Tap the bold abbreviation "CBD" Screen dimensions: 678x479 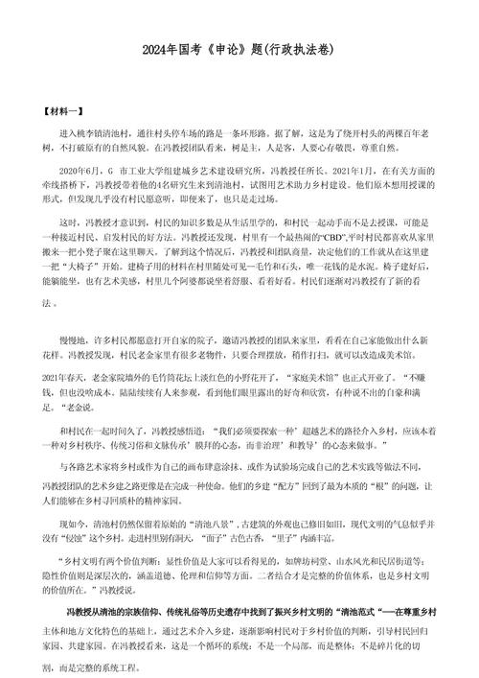(x=307, y=234)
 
